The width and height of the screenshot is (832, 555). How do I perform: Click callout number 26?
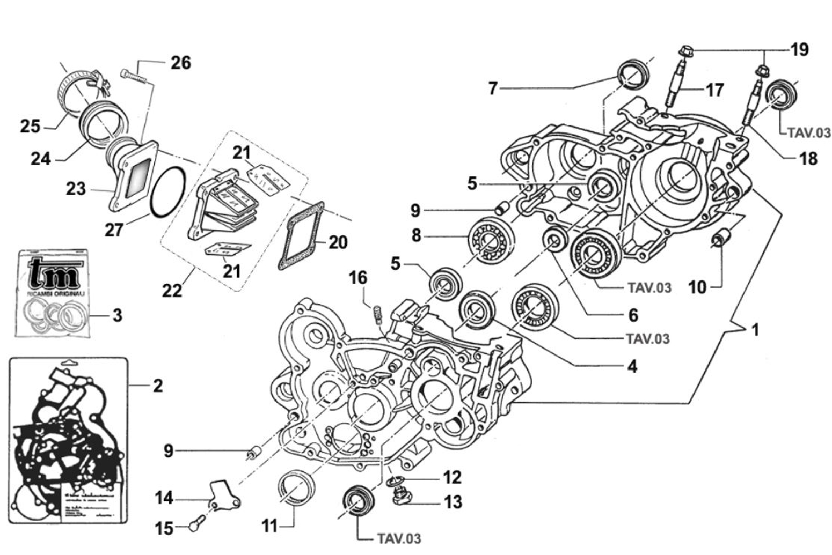click(x=181, y=63)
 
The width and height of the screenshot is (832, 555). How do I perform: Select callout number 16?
click(x=358, y=278)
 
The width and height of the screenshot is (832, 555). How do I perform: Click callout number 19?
click(x=799, y=50)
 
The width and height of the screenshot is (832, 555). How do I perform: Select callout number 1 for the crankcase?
click(x=755, y=329)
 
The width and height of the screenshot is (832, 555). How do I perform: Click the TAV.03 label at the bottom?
click(x=399, y=538)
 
